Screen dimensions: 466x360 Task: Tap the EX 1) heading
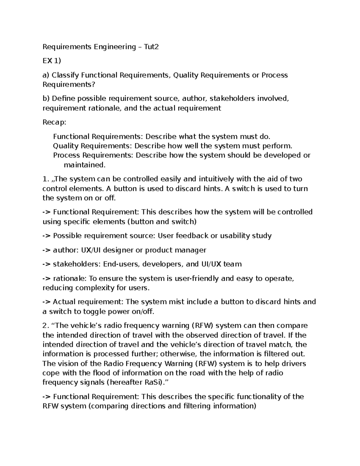click(52, 61)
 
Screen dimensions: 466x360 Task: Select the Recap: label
click(54, 122)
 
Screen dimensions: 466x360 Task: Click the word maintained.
click(85, 165)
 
